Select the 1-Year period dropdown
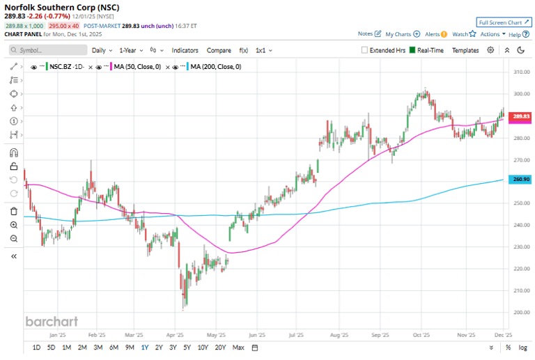(x=130, y=50)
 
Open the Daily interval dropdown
(x=102, y=50)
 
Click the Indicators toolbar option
(x=185, y=50)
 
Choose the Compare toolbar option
(x=219, y=50)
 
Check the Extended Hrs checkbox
(x=365, y=50)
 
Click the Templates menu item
(x=465, y=50)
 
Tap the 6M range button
(x=114, y=347)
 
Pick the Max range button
(x=238, y=347)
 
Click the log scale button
(x=523, y=347)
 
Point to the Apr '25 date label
(x=175, y=334)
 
